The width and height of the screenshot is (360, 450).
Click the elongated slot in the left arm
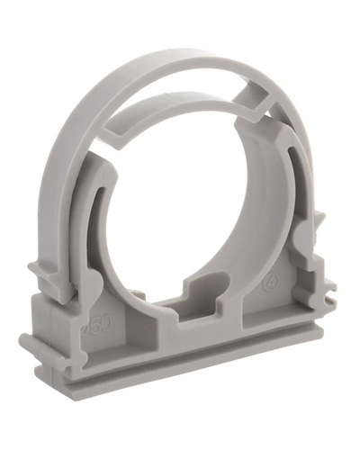point(94,225)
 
